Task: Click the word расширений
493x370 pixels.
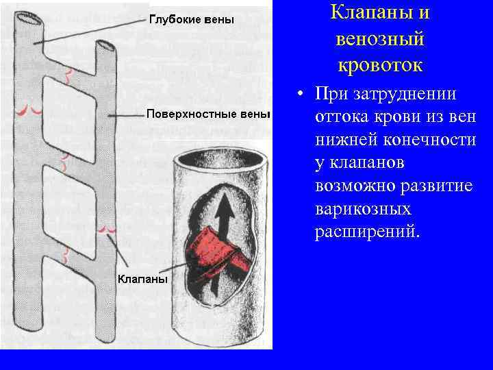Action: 369,232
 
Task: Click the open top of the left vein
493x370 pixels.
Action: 29,21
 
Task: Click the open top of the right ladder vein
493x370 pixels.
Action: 105,47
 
